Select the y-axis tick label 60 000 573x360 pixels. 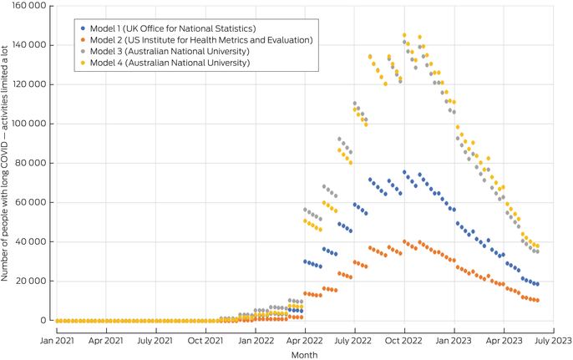coord(29,202)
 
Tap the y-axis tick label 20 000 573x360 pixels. coord(29,281)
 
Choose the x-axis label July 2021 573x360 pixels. coord(155,341)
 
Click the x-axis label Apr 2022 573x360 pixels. coord(305,341)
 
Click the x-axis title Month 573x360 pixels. coord(305,354)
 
